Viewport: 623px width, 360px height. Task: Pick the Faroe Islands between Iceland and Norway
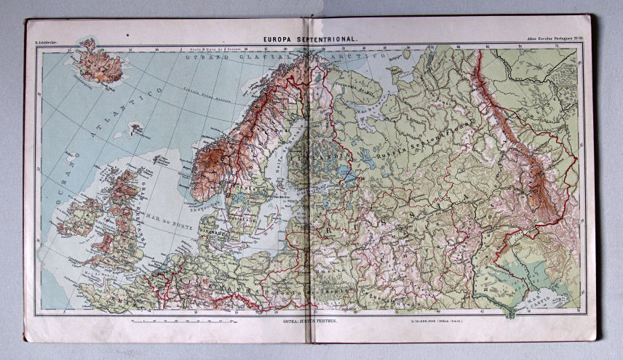pyautogui.click(x=135, y=130)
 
